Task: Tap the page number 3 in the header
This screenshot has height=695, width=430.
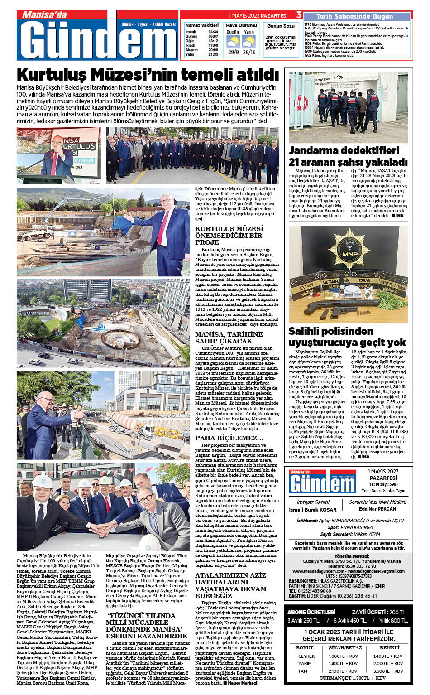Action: pyautogui.click(x=299, y=15)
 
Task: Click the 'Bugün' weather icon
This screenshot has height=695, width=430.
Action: pyautogui.click(x=233, y=42)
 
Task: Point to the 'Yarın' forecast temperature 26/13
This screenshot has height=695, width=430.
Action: pyautogui.click(x=248, y=52)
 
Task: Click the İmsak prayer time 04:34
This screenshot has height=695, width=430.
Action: pyautogui.click(x=213, y=32)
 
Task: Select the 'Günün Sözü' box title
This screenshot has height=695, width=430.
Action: pyautogui.click(x=281, y=26)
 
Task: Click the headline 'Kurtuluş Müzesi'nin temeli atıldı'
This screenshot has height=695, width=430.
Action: pyautogui.click(x=148, y=74)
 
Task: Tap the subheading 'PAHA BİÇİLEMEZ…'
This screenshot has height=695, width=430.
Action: pyautogui.click(x=229, y=438)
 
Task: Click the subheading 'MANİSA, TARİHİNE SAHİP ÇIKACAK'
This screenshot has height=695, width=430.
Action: pyautogui.click(x=229, y=338)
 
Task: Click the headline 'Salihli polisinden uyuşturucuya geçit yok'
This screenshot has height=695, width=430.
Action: pyautogui.click(x=347, y=337)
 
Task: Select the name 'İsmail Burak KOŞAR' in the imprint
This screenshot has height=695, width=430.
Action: pyautogui.click(x=313, y=510)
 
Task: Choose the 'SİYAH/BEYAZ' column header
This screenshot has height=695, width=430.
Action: pyautogui.click(x=345, y=647)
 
